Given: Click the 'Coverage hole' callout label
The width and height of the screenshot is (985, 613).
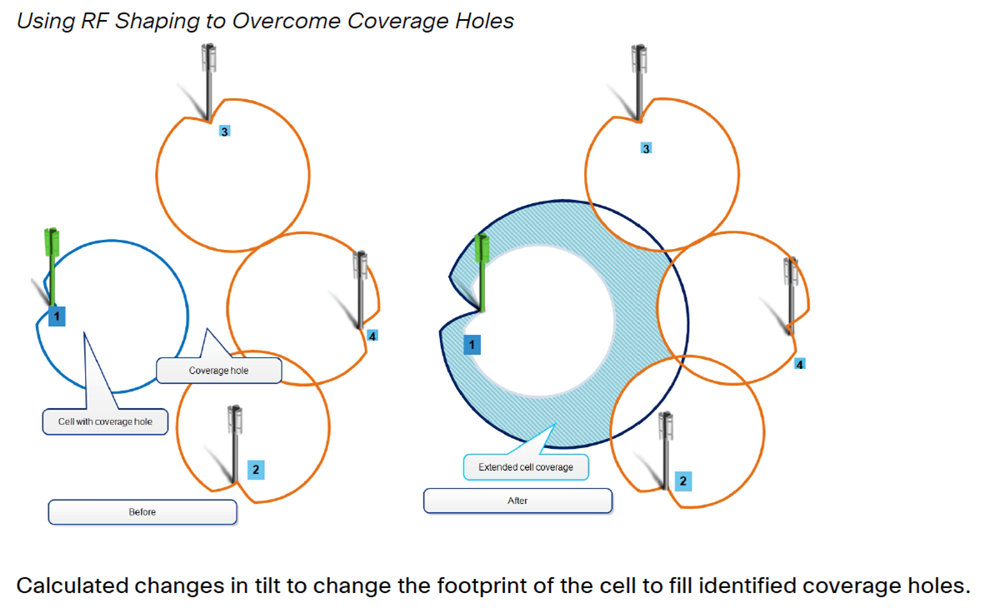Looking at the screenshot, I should point(218,370).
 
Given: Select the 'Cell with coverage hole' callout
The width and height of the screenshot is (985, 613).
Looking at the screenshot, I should point(105,421).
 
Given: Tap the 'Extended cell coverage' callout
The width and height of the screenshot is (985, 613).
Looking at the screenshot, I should point(525,467).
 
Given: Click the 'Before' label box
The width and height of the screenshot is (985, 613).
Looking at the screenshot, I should point(142,511).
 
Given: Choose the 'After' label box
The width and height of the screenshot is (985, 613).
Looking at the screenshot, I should point(517,501).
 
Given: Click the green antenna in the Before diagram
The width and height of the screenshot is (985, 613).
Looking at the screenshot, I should point(52,267).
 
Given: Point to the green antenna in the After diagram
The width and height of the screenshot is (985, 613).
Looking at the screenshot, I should point(481,271).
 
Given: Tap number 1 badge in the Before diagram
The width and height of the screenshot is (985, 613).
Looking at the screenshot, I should point(56,316).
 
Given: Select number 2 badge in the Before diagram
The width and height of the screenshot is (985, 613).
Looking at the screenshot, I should point(255,470).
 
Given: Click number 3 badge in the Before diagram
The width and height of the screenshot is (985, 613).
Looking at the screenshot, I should point(224,131).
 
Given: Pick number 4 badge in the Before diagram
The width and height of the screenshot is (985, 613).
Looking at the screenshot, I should point(372,336).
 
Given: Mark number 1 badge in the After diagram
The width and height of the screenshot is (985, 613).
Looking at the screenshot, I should point(472,345).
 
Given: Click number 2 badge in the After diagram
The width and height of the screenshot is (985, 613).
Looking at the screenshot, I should point(683,481).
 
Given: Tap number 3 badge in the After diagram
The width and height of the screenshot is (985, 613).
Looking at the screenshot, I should point(646,148).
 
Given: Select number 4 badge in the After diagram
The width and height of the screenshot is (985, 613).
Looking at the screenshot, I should point(800,364).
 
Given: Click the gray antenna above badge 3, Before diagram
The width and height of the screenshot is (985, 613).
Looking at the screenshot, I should point(209,79).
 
